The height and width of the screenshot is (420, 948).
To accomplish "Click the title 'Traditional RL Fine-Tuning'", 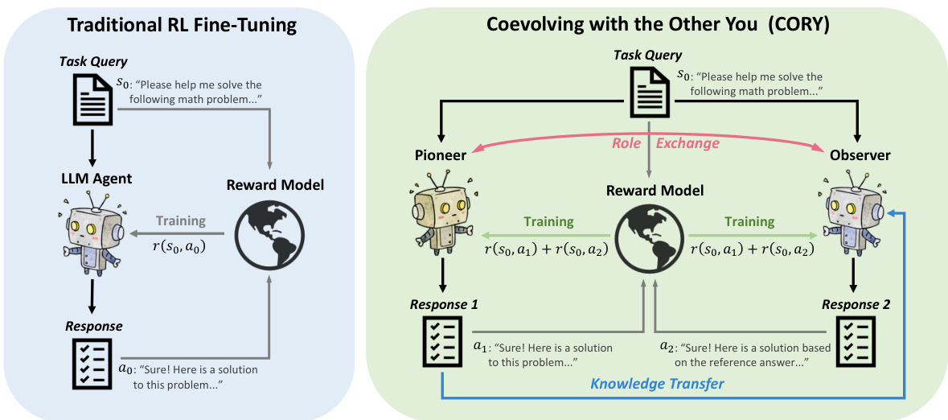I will [x=182, y=25].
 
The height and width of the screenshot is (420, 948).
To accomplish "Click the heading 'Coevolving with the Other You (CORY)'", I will [x=659, y=23].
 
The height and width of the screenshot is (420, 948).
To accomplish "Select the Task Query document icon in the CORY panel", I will [x=647, y=89].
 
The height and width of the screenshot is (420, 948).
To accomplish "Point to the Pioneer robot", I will [x=441, y=221].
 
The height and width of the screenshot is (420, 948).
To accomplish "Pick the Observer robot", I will [x=855, y=221].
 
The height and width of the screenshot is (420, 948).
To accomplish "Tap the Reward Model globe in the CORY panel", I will [x=649, y=241].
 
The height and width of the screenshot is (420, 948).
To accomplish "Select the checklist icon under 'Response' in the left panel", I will [x=92, y=360].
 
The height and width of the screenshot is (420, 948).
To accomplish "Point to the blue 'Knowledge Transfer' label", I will [x=657, y=384].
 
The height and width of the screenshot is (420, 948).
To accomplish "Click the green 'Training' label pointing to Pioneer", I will [x=549, y=221].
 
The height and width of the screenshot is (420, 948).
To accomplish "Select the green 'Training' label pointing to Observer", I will [x=749, y=221].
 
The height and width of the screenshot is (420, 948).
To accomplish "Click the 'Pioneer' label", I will [x=440, y=155].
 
